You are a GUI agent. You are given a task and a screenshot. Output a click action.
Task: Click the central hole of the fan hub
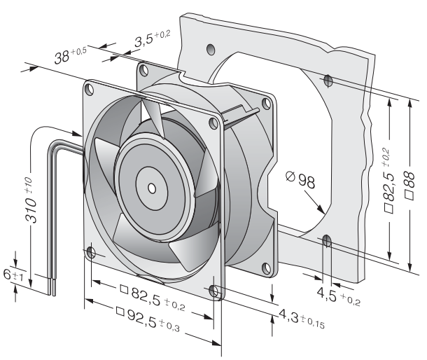pos(152,188)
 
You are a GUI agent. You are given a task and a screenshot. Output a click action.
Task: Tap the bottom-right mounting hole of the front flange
pos(215,290)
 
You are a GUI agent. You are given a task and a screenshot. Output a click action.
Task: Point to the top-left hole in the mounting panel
pos(211,49)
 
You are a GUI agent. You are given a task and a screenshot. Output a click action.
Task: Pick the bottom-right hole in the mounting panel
pos(326,240)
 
